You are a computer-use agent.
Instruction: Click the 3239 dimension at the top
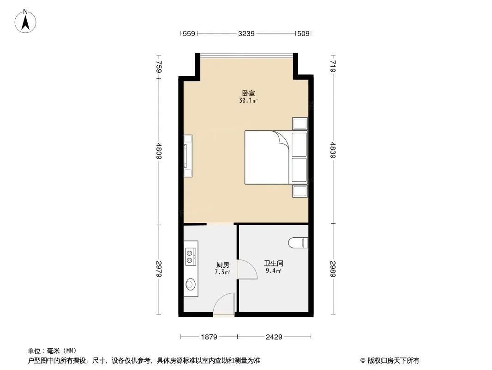[x=246, y=33]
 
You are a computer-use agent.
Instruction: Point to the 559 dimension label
[x=189, y=33]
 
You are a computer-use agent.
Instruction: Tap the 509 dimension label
[x=303, y=33]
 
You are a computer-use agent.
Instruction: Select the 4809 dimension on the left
[x=159, y=151]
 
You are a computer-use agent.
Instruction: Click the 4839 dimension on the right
[x=333, y=150]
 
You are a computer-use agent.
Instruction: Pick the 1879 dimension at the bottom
[x=209, y=337]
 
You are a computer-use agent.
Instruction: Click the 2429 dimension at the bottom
[x=274, y=337]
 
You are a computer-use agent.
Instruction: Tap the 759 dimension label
[x=159, y=67]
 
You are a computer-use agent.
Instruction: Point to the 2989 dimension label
[x=333, y=269]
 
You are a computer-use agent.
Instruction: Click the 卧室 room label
[x=248, y=93]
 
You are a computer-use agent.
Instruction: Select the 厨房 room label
[x=222, y=265]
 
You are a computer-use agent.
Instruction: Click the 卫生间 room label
[x=274, y=264]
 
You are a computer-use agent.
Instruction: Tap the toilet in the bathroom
[x=298, y=243]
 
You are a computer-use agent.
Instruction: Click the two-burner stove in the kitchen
[x=191, y=257]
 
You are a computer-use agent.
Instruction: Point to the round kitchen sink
[x=191, y=284]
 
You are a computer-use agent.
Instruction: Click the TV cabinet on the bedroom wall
[x=188, y=156]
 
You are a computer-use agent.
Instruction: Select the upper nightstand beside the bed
[x=300, y=123]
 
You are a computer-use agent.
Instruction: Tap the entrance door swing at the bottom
[x=224, y=303]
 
